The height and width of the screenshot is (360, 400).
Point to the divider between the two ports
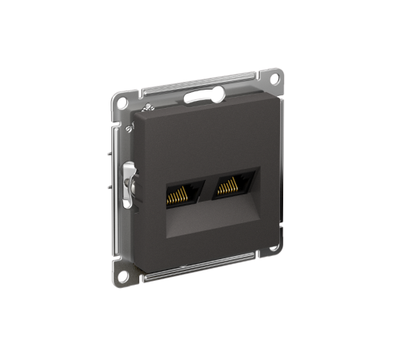click(204, 188)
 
